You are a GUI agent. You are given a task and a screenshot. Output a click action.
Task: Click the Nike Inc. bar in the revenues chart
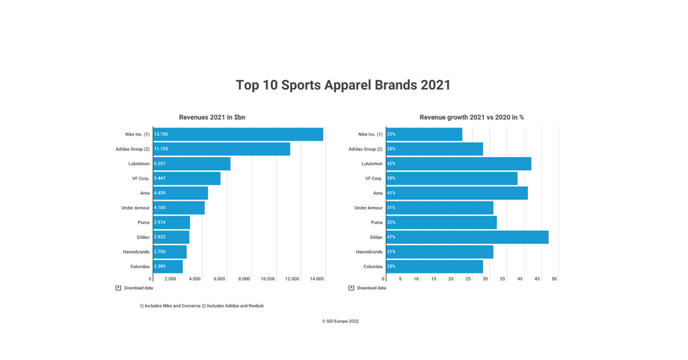pos(238,134)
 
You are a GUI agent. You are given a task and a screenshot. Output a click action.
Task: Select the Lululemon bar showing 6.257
pos(191,164)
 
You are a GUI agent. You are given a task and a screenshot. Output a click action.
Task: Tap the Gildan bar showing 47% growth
pos(467,237)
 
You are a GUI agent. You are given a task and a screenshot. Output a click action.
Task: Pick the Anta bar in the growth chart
pos(457,193)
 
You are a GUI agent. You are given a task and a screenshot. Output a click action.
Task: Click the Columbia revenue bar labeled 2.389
pos(168,267)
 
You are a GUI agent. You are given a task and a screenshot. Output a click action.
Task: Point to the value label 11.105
pos(161,149)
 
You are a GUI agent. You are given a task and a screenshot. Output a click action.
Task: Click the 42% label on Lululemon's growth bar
pos(391,164)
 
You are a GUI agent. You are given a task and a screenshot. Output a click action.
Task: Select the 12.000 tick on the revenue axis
pos(292,279)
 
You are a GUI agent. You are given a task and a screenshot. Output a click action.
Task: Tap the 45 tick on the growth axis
pos(537,279)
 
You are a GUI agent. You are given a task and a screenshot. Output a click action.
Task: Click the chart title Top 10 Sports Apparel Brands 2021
pos(343,85)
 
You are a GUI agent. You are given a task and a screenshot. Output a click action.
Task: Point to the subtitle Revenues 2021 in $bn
pos(212,118)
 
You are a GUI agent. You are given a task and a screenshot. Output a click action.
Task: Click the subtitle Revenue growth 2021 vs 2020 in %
pos(472,118)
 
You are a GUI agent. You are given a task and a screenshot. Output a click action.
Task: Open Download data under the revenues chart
pos(138,288)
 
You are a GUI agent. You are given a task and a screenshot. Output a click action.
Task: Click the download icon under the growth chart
pos(351,288)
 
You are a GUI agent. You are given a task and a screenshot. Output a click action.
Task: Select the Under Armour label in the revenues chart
pos(135,208)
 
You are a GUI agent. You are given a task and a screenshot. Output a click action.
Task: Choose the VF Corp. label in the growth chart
pos(374,179)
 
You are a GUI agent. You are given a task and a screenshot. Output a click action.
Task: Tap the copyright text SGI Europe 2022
pos(340,322)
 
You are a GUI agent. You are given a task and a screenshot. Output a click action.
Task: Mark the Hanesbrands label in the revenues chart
pos(136,252)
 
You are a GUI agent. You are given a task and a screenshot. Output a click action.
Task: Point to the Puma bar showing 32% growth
pos(441,222)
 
